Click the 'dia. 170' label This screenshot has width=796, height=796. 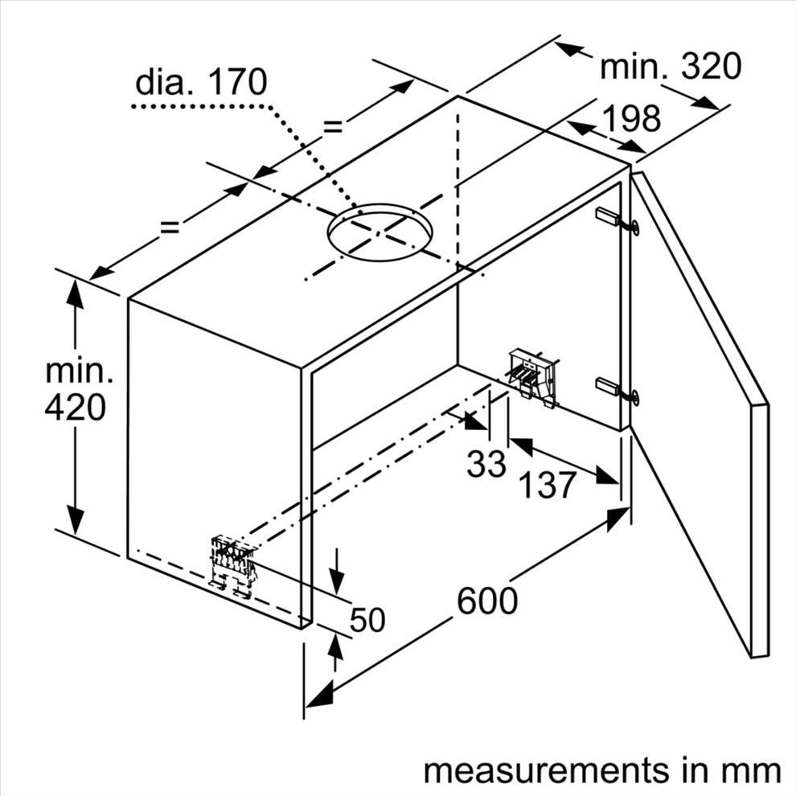pyautogui.click(x=201, y=82)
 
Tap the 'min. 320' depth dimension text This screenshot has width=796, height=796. pyautogui.click(x=671, y=66)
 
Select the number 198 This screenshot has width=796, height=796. pyautogui.click(x=631, y=117)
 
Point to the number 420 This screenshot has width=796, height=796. pyautogui.click(x=75, y=407)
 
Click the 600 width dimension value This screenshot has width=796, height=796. pyautogui.click(x=487, y=601)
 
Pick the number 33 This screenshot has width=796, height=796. pyautogui.click(x=486, y=463)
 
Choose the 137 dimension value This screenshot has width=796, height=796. pyautogui.click(x=548, y=485)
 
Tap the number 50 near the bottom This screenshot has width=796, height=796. pyautogui.click(x=367, y=619)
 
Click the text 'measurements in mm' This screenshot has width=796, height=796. pyautogui.click(x=602, y=770)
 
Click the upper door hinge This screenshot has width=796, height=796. pyautogui.click(x=616, y=220)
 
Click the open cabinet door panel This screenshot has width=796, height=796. pyautogui.click(x=700, y=414)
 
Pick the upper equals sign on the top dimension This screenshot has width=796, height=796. pyautogui.click(x=334, y=126)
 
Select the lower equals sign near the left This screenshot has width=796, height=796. pyautogui.click(x=170, y=227)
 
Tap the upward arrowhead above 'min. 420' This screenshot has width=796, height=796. pyautogui.click(x=75, y=293)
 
